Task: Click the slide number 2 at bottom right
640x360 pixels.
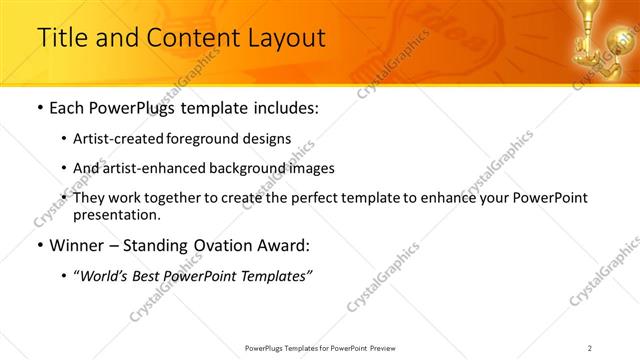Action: pos(589,347)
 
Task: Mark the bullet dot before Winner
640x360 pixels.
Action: pos(39,246)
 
